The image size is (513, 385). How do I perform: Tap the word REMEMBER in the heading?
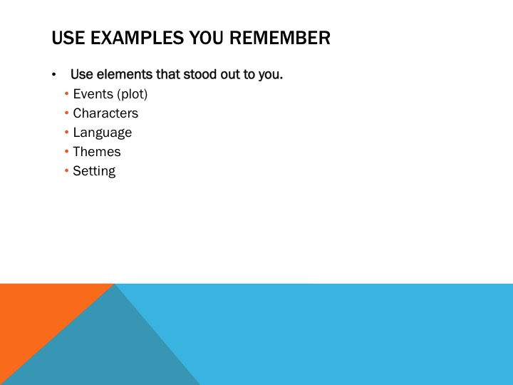pos(280,38)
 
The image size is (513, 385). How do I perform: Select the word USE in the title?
pos(68,38)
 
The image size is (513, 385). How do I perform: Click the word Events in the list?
pos(93,94)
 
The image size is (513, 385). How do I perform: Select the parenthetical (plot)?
pos(133,94)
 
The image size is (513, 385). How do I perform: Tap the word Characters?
pos(105,113)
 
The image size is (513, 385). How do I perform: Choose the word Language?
pos(103,133)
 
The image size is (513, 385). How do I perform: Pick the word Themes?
pos(96,152)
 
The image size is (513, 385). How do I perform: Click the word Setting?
pos(94,171)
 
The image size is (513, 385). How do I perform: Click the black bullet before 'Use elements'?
pos(53,75)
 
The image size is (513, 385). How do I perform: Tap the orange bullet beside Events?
pos(66,94)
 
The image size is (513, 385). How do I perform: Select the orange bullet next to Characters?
pos(66,113)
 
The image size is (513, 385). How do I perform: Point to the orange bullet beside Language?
pos(66,133)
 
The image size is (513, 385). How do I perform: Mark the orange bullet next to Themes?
pos(66,152)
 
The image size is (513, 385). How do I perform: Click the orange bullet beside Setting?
pos(66,170)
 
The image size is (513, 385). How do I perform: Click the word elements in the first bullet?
pos(125,74)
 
